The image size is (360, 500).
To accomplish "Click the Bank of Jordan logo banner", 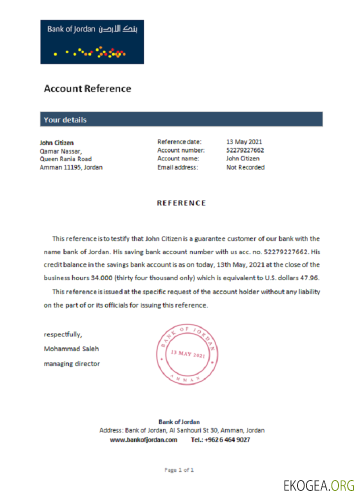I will click(92, 42).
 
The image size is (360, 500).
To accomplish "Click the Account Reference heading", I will click(87, 89).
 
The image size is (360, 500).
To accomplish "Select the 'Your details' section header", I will click(65, 120).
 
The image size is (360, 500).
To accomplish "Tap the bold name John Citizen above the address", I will click(56, 142).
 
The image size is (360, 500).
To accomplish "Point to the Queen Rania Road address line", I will click(65, 159).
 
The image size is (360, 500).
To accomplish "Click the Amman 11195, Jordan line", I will click(71, 167).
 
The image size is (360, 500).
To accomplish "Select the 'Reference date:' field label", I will click(179, 142).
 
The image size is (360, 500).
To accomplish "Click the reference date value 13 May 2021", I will click(244, 142).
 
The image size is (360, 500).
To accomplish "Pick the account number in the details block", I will click(245, 150).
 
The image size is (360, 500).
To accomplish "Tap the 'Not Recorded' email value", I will click(245, 167).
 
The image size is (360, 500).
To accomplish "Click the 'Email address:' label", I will click(177, 167).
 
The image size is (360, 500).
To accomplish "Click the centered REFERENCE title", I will click(181, 203).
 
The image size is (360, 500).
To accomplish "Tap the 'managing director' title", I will click(71, 363).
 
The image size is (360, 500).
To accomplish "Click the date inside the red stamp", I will click(188, 354).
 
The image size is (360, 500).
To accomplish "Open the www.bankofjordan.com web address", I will click(143, 440).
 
